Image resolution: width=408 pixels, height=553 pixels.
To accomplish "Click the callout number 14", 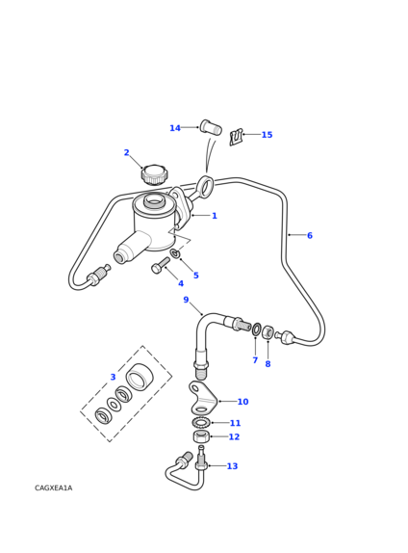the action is coord(175,128).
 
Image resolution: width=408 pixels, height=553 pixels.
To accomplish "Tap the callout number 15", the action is coord(267,135).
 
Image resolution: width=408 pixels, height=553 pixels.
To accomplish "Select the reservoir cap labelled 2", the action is coord(155,174).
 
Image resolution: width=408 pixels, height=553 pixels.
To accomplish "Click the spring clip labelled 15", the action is coord(236,137).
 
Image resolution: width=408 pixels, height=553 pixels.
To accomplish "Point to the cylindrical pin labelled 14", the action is coord(211,127).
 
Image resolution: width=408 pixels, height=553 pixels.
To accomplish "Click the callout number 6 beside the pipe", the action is coord(310,235).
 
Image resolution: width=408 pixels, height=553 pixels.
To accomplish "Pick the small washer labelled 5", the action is coord(175,253).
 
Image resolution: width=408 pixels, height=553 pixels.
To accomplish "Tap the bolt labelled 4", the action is coord(161,266).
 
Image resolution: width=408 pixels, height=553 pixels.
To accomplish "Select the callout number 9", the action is coord(186,300).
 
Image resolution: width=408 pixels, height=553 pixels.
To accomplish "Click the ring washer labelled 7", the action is coord(256,329).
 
